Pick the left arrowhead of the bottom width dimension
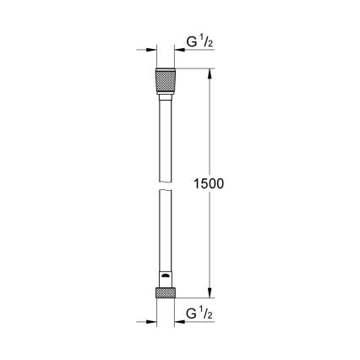(x=152, y=320)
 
